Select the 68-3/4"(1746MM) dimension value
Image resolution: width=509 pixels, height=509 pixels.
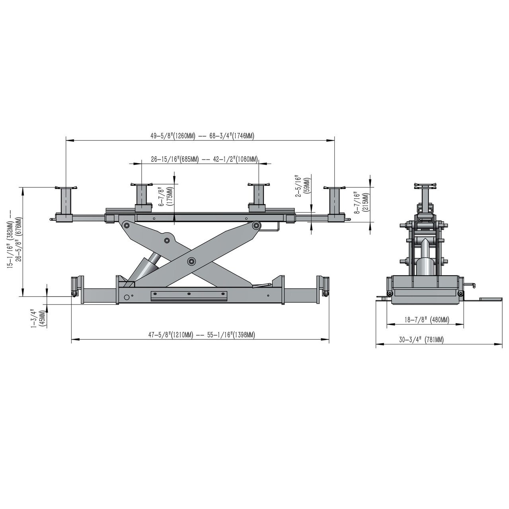click(232, 136)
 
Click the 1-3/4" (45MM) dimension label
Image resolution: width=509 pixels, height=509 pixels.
click(38, 319)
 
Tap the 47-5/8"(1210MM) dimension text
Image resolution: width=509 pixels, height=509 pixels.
click(171, 335)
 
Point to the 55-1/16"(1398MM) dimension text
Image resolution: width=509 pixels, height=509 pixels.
click(231, 335)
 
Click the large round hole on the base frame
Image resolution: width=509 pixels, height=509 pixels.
click(127, 297)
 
